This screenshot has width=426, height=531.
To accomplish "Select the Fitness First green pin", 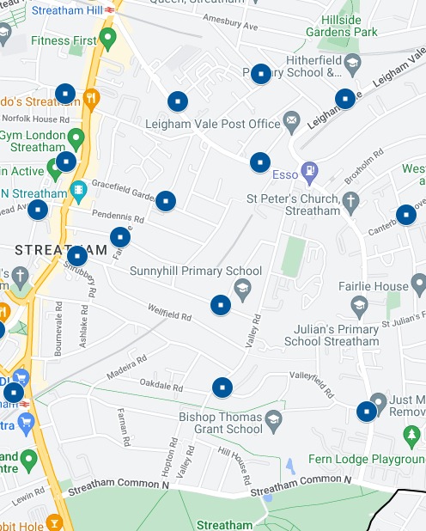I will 107,38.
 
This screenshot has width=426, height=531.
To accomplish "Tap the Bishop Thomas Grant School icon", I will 274,418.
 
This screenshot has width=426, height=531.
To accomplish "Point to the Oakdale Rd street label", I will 161,384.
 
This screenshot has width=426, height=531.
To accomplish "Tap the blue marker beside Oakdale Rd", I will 222,388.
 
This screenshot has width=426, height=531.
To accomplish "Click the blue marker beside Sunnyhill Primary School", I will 221,305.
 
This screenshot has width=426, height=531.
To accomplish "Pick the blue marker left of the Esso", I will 260,162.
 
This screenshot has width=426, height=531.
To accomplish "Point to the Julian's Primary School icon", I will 358,304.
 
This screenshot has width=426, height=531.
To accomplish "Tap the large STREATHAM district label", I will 61,250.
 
